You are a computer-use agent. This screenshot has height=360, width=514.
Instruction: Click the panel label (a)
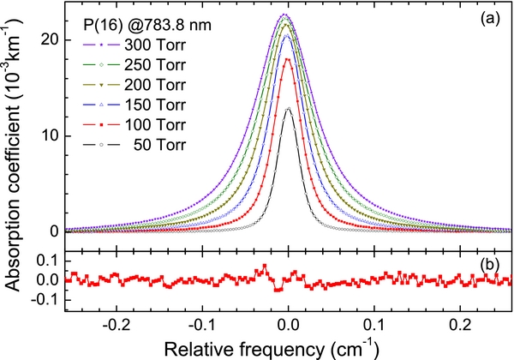494,16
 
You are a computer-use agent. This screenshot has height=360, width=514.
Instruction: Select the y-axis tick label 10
49,135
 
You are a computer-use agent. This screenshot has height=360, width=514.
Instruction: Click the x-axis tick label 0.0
289,325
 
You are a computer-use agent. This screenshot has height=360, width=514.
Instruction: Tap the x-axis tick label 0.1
375,325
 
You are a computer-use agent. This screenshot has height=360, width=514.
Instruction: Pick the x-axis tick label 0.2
462,325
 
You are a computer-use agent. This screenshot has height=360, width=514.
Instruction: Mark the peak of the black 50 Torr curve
289,109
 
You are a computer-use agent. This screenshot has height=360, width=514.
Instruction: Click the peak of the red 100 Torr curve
288,58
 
